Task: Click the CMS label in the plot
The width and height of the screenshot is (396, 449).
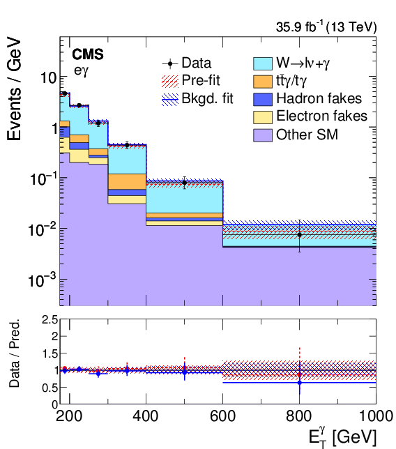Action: [x=88, y=54]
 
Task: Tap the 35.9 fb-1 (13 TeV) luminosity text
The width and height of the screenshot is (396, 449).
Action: [x=326, y=27]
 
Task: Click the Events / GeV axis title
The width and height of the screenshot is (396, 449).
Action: [x=18, y=100]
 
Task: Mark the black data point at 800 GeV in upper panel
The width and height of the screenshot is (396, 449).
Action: [x=299, y=235]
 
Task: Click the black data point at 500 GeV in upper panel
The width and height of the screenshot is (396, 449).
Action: [x=184, y=183]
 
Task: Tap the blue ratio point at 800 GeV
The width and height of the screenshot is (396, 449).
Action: [x=299, y=382]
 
